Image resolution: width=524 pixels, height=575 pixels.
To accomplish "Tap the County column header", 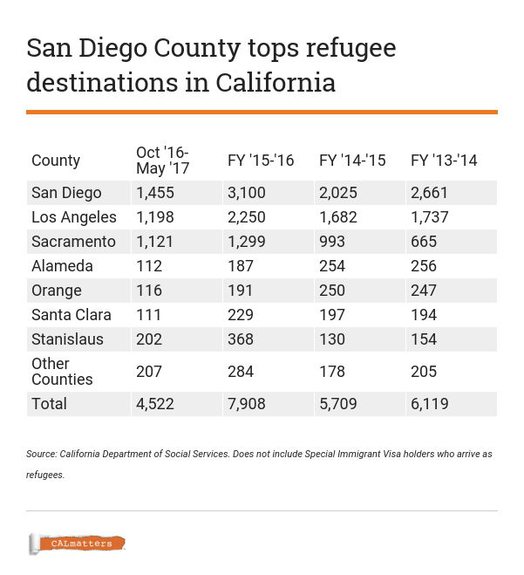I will pos(56,161).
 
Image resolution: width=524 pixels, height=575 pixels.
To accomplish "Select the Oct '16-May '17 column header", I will pos(163,161).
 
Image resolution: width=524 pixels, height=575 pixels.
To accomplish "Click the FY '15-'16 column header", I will pos(260,161).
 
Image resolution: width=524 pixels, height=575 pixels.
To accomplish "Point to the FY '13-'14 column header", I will pos(444,161).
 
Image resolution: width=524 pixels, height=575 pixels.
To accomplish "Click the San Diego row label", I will pos(66,193).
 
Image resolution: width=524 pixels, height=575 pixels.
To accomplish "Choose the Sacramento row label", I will pos(73,242).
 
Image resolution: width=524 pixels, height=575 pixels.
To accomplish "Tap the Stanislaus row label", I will pos(67,339).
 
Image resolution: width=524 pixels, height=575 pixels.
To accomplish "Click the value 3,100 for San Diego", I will pos(247,193).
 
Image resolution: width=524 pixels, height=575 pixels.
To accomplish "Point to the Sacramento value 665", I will pos(424,242).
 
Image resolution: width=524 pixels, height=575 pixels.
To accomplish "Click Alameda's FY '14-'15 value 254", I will pos(332,266).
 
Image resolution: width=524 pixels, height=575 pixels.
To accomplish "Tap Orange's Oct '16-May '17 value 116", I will pos(149,291).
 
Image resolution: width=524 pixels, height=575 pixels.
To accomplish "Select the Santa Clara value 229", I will pos(241,315).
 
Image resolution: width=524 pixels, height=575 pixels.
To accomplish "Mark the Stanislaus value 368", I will pos(241,339).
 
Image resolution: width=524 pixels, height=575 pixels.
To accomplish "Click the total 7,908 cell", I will pos(247,404).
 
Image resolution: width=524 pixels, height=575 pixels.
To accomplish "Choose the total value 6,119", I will pos(431,404).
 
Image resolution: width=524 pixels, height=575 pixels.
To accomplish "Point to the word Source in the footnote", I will pos(41,455).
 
